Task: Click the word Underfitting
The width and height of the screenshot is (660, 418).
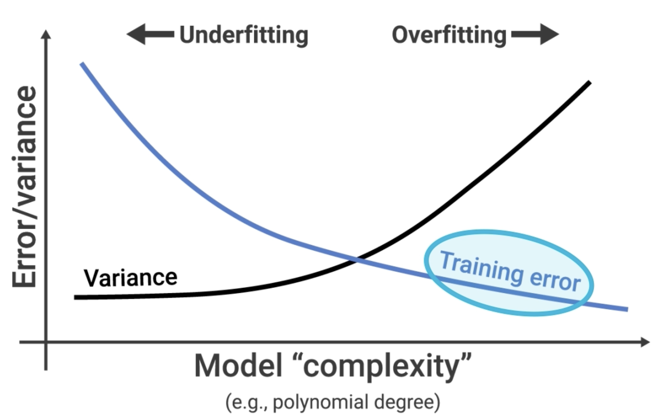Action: pos(244,36)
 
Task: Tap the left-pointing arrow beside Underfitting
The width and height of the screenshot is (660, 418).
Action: pos(150,34)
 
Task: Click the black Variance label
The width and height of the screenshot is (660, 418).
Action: pos(131,278)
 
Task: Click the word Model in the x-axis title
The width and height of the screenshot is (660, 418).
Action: pos(238,366)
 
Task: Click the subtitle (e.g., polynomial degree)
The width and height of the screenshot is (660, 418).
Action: pos(333,402)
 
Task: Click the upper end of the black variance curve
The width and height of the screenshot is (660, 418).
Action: pos(590,82)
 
